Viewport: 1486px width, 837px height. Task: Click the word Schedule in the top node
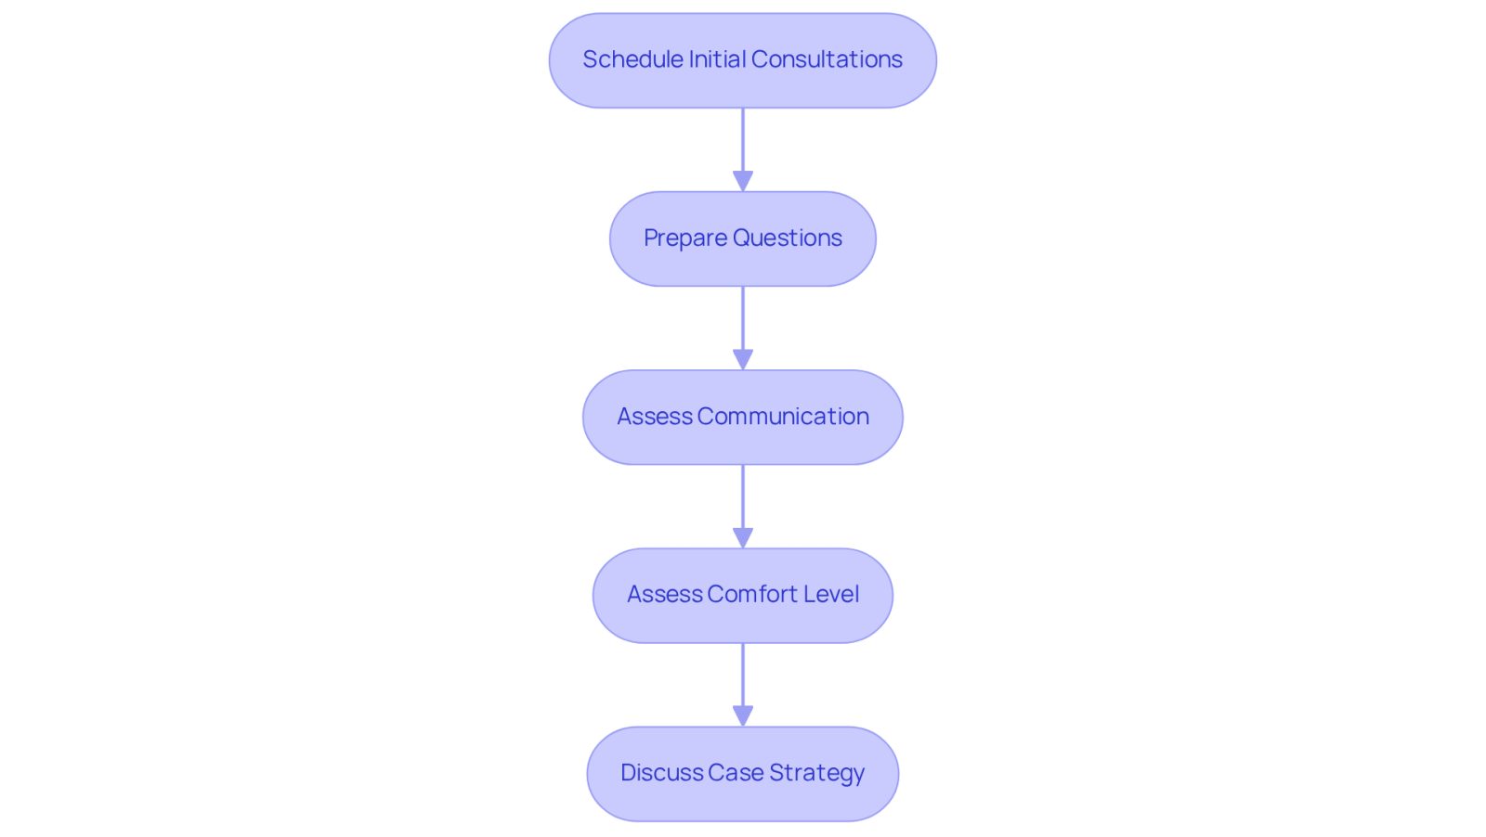click(632, 59)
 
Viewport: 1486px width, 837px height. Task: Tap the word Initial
click(717, 59)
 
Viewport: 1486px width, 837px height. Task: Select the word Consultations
click(827, 59)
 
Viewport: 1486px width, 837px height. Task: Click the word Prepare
click(685, 238)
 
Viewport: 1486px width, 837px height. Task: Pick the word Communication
click(783, 417)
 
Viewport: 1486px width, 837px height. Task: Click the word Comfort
click(752, 595)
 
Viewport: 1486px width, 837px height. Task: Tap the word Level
click(831, 595)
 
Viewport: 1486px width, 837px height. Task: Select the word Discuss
click(661, 773)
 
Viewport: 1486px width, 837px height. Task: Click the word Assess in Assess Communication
click(655, 417)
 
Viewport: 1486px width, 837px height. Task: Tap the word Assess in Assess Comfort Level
click(665, 595)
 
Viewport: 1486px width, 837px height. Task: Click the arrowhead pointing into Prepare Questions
click(743, 181)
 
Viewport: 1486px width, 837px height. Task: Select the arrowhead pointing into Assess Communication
click(743, 360)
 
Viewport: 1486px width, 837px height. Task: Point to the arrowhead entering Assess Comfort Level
click(743, 538)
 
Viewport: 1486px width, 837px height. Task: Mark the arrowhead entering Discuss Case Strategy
click(743, 716)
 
